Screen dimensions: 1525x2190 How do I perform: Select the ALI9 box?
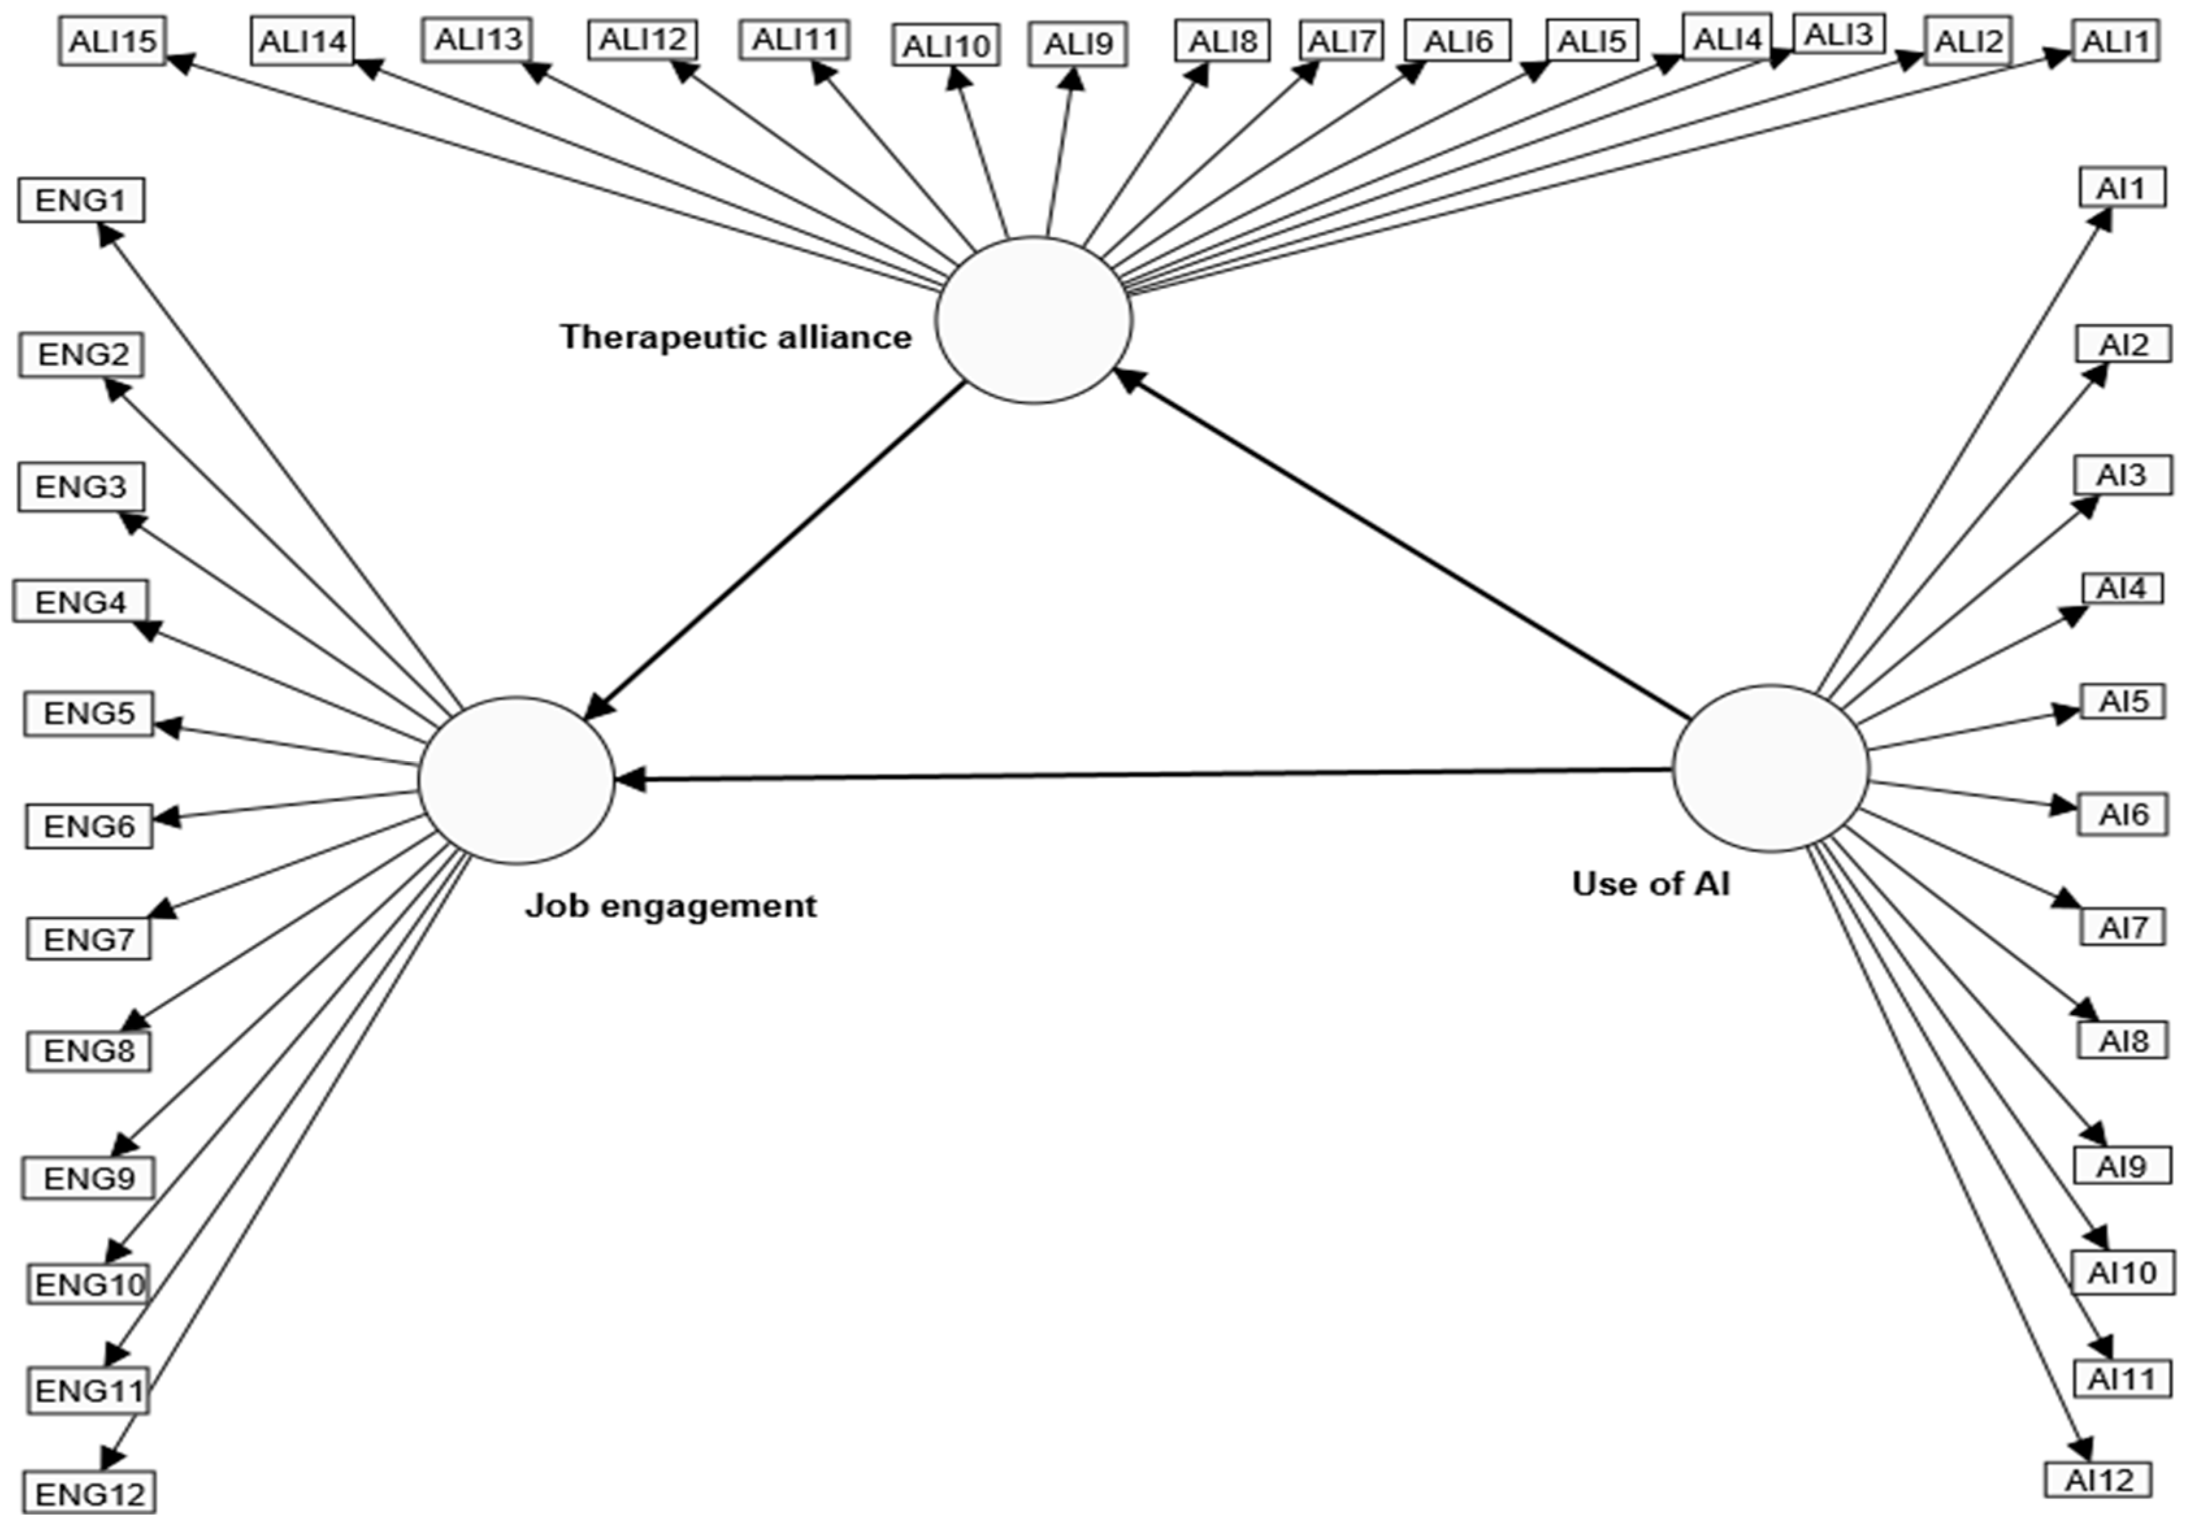(1078, 45)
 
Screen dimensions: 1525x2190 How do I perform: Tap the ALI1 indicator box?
(2115, 41)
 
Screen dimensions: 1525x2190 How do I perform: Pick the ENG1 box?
(81, 200)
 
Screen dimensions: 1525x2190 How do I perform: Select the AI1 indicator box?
(2121, 188)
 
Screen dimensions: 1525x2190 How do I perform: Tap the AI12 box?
(2098, 1480)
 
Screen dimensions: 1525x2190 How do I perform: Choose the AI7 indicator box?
(2123, 927)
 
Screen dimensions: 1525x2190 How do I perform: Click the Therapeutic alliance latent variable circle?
(1033, 320)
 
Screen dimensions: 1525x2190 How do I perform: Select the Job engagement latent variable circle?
(516, 780)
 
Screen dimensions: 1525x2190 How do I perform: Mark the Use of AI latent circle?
(1770, 768)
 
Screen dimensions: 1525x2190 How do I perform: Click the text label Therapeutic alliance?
(735, 336)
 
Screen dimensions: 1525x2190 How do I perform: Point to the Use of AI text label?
(1650, 884)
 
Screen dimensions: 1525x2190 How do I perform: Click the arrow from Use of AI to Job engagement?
(1145, 774)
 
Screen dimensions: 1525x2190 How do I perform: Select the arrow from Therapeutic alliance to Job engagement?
(774, 549)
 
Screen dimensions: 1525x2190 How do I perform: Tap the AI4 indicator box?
(2121, 589)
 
